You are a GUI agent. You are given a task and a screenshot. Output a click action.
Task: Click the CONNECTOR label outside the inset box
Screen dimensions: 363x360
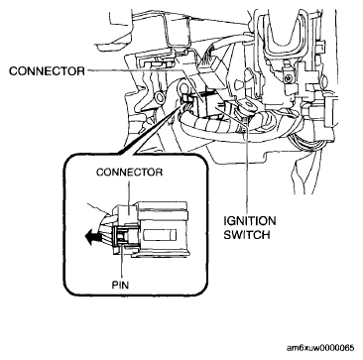pyautogui.click(x=48, y=71)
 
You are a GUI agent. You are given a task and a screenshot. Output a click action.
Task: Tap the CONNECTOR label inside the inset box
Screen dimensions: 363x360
pyautogui.click(x=129, y=173)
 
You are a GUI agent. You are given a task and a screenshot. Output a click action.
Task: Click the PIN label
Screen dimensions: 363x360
pyautogui.click(x=120, y=285)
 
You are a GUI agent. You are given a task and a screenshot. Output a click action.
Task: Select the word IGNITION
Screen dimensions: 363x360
pyautogui.click(x=250, y=221)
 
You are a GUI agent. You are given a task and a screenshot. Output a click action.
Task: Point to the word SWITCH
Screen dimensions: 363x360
pyautogui.click(x=247, y=235)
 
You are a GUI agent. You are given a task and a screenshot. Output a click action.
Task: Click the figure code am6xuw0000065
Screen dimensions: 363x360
pyautogui.click(x=320, y=348)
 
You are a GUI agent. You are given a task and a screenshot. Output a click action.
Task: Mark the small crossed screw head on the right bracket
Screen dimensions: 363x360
pyautogui.click(x=290, y=78)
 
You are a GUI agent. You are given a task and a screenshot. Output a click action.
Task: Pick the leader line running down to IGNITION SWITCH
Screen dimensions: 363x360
pyautogui.click(x=247, y=166)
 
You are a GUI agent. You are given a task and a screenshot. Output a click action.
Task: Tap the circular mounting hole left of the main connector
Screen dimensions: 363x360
pyautogui.click(x=162, y=97)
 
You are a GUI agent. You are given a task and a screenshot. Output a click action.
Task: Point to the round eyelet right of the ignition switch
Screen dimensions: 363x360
pyautogui.click(x=249, y=106)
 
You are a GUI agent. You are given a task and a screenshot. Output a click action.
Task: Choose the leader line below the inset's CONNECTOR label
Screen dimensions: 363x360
pyautogui.click(x=129, y=191)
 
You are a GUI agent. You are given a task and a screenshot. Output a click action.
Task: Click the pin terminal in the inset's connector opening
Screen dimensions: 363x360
pyautogui.click(x=121, y=236)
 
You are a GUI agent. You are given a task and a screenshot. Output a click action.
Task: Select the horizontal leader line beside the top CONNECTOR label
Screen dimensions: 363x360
pyautogui.click(x=135, y=70)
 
